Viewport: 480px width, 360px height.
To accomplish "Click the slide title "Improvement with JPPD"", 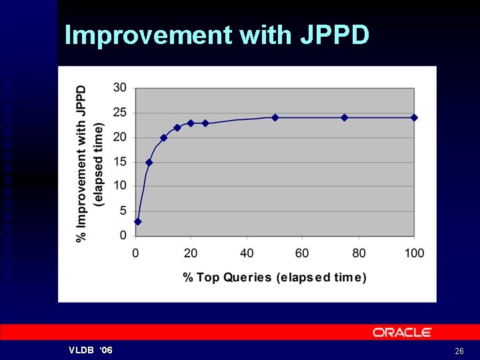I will (217, 35).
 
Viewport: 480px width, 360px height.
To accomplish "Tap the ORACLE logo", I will (402, 332).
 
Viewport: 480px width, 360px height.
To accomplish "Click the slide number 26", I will (459, 351).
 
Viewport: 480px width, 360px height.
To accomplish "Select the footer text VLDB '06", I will (91, 351).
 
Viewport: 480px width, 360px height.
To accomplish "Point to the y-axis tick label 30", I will (120, 87).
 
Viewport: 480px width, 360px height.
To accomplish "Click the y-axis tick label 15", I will (120, 161).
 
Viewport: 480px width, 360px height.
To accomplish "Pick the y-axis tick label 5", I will (123, 211).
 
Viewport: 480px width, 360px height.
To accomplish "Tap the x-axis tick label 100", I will (414, 253).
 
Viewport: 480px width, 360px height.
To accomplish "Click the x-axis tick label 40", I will (247, 253).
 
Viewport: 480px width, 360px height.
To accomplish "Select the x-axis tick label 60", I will (302, 253).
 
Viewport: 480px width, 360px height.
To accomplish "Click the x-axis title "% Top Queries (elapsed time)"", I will (275, 277).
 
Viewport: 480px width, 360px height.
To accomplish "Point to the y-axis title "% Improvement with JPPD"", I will (81, 163).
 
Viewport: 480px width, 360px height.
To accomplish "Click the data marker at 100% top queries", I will (414, 117).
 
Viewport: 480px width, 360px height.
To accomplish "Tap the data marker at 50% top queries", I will (275, 117).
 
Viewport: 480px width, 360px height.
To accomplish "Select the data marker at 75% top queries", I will (345, 117).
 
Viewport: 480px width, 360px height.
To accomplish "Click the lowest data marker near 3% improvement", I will (138, 221).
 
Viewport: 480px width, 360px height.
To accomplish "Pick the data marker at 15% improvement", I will (149, 162).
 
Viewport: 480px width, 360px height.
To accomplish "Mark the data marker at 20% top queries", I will (191, 123).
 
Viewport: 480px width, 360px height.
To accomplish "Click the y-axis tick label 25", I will (120, 112).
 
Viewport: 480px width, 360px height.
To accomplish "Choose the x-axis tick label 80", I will (359, 253).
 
